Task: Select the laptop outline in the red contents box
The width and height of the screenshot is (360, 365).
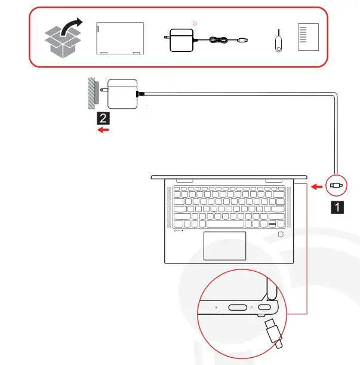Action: click(120, 39)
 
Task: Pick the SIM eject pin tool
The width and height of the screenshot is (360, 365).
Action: click(278, 39)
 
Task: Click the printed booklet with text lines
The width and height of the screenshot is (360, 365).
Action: click(308, 39)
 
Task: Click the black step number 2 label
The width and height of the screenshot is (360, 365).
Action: click(103, 118)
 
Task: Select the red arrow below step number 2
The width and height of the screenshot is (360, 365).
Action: click(103, 130)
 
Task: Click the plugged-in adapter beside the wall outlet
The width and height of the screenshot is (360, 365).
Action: click(122, 93)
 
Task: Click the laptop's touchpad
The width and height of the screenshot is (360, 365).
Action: click(224, 245)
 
